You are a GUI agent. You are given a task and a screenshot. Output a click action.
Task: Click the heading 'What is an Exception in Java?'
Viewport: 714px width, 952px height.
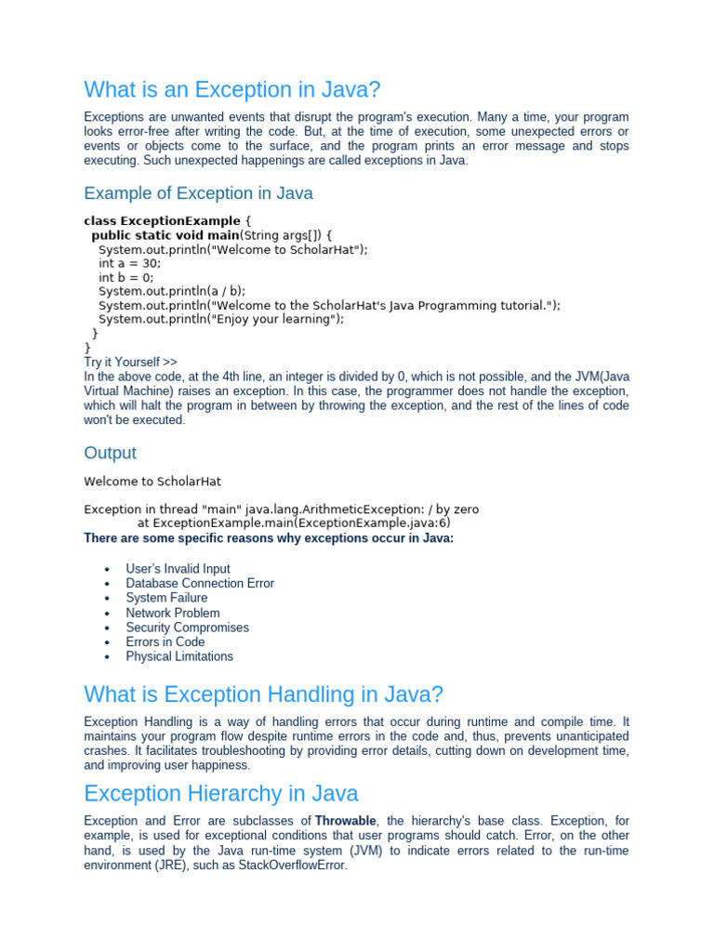(x=232, y=90)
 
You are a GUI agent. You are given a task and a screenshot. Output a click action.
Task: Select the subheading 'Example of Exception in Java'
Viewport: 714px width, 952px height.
(x=198, y=193)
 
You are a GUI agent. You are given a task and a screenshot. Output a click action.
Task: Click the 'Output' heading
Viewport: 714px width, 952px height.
(x=110, y=453)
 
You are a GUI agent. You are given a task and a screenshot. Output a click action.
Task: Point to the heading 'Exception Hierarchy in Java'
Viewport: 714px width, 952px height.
(x=220, y=793)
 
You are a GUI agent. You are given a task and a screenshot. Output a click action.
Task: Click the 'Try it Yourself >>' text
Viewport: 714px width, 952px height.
(x=130, y=362)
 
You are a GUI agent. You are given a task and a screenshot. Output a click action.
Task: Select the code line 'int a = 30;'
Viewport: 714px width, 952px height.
(x=129, y=263)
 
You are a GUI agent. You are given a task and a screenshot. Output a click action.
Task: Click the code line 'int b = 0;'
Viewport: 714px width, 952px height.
(x=126, y=277)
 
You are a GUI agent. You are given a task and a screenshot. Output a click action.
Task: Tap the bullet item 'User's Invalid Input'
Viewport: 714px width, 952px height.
(x=178, y=569)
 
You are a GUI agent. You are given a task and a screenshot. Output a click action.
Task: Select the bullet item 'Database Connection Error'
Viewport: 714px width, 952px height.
(x=200, y=584)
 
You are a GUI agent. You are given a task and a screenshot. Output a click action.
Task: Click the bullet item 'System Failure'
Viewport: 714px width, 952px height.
(x=166, y=598)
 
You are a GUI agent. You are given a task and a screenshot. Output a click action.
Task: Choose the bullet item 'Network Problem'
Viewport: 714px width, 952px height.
(x=173, y=613)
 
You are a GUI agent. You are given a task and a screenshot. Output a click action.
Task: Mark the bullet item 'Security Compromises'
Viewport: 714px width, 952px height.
(x=187, y=628)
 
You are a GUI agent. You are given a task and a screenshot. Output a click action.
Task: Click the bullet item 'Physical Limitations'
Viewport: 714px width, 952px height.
(x=179, y=656)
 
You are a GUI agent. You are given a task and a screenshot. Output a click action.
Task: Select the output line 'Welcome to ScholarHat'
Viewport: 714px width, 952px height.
(x=152, y=482)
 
